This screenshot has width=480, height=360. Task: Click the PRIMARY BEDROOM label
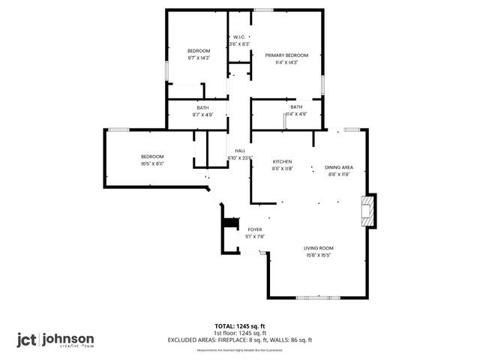[x=286, y=55]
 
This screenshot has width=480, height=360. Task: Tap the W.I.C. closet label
[x=239, y=37]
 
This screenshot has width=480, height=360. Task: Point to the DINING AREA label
[x=338, y=167]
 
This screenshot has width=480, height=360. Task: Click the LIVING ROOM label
[x=318, y=248]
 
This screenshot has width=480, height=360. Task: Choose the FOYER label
[x=255, y=229]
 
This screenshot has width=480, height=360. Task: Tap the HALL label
[x=240, y=151]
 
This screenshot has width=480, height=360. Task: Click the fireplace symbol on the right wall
[x=367, y=211]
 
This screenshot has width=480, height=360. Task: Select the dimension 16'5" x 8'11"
[x=152, y=163]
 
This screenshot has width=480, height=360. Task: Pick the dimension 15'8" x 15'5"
[x=318, y=255]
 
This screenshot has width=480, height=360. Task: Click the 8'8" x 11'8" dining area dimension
[x=338, y=174]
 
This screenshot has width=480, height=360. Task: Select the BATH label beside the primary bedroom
[x=296, y=107]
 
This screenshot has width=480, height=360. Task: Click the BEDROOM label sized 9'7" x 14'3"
[x=199, y=50]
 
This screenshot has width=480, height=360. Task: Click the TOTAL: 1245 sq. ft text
[x=240, y=326]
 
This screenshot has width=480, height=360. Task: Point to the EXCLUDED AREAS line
[x=240, y=340]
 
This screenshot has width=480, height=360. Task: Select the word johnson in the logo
[x=68, y=337]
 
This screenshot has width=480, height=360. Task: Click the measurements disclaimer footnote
[x=240, y=350]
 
